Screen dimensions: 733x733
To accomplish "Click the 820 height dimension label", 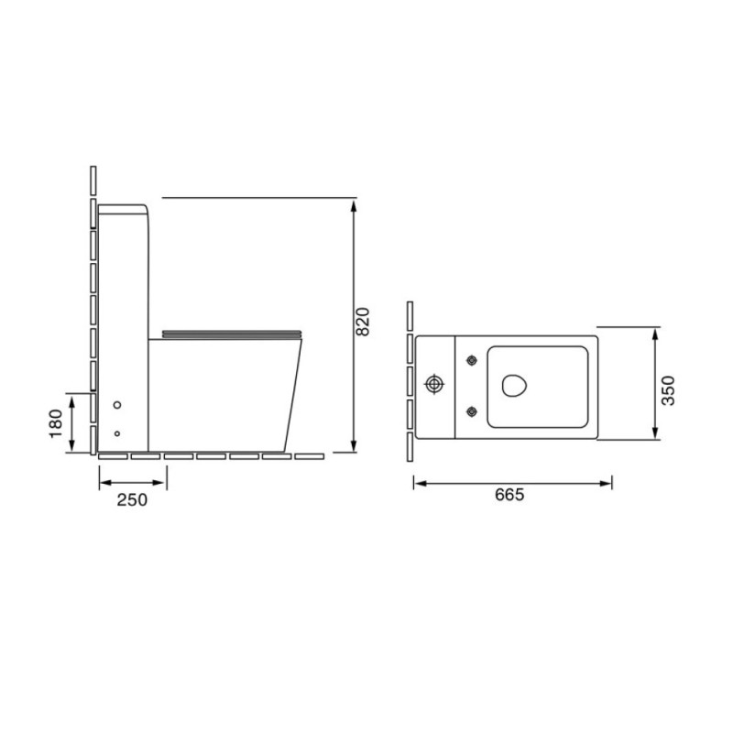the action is (362, 322).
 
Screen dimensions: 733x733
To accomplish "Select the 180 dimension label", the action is (56, 423).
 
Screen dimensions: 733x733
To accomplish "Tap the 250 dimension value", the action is (132, 499).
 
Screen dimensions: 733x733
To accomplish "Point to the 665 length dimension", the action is (509, 494).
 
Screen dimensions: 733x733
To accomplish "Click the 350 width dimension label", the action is (668, 390).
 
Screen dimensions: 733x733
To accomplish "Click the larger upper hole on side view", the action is (117, 405).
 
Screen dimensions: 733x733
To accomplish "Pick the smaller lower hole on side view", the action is (117, 433).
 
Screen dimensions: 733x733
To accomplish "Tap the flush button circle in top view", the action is (434, 384).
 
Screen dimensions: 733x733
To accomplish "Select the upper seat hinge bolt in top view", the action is (472, 360).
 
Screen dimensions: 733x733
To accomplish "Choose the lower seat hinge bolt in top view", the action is (472, 411).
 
